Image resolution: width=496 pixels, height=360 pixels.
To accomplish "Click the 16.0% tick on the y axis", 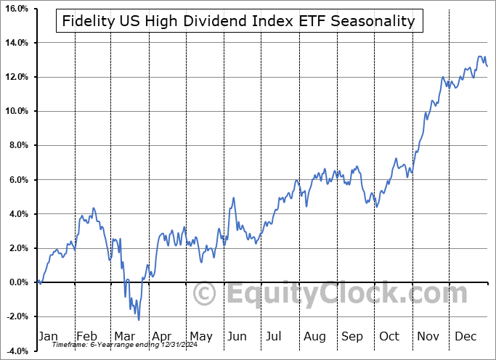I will pos(15,9).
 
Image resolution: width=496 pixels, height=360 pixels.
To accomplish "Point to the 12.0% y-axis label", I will pos(15,77).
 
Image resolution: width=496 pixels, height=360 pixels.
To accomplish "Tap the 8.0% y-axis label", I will pos(16,145).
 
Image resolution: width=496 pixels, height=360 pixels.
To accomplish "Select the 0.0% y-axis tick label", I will pos(16,282).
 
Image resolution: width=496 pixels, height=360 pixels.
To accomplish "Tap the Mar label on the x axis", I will pos(123,336).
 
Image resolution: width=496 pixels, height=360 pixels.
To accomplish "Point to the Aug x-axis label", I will pos(314,336).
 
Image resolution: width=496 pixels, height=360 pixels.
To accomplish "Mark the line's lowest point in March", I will pos(139,319).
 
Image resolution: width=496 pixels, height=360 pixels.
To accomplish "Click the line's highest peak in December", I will pos(479,56).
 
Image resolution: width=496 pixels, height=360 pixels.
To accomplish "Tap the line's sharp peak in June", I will pos(234,197).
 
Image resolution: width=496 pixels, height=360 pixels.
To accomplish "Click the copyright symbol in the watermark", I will pos(206,294).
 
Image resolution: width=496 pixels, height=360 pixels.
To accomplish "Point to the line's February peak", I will pos(93,208).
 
